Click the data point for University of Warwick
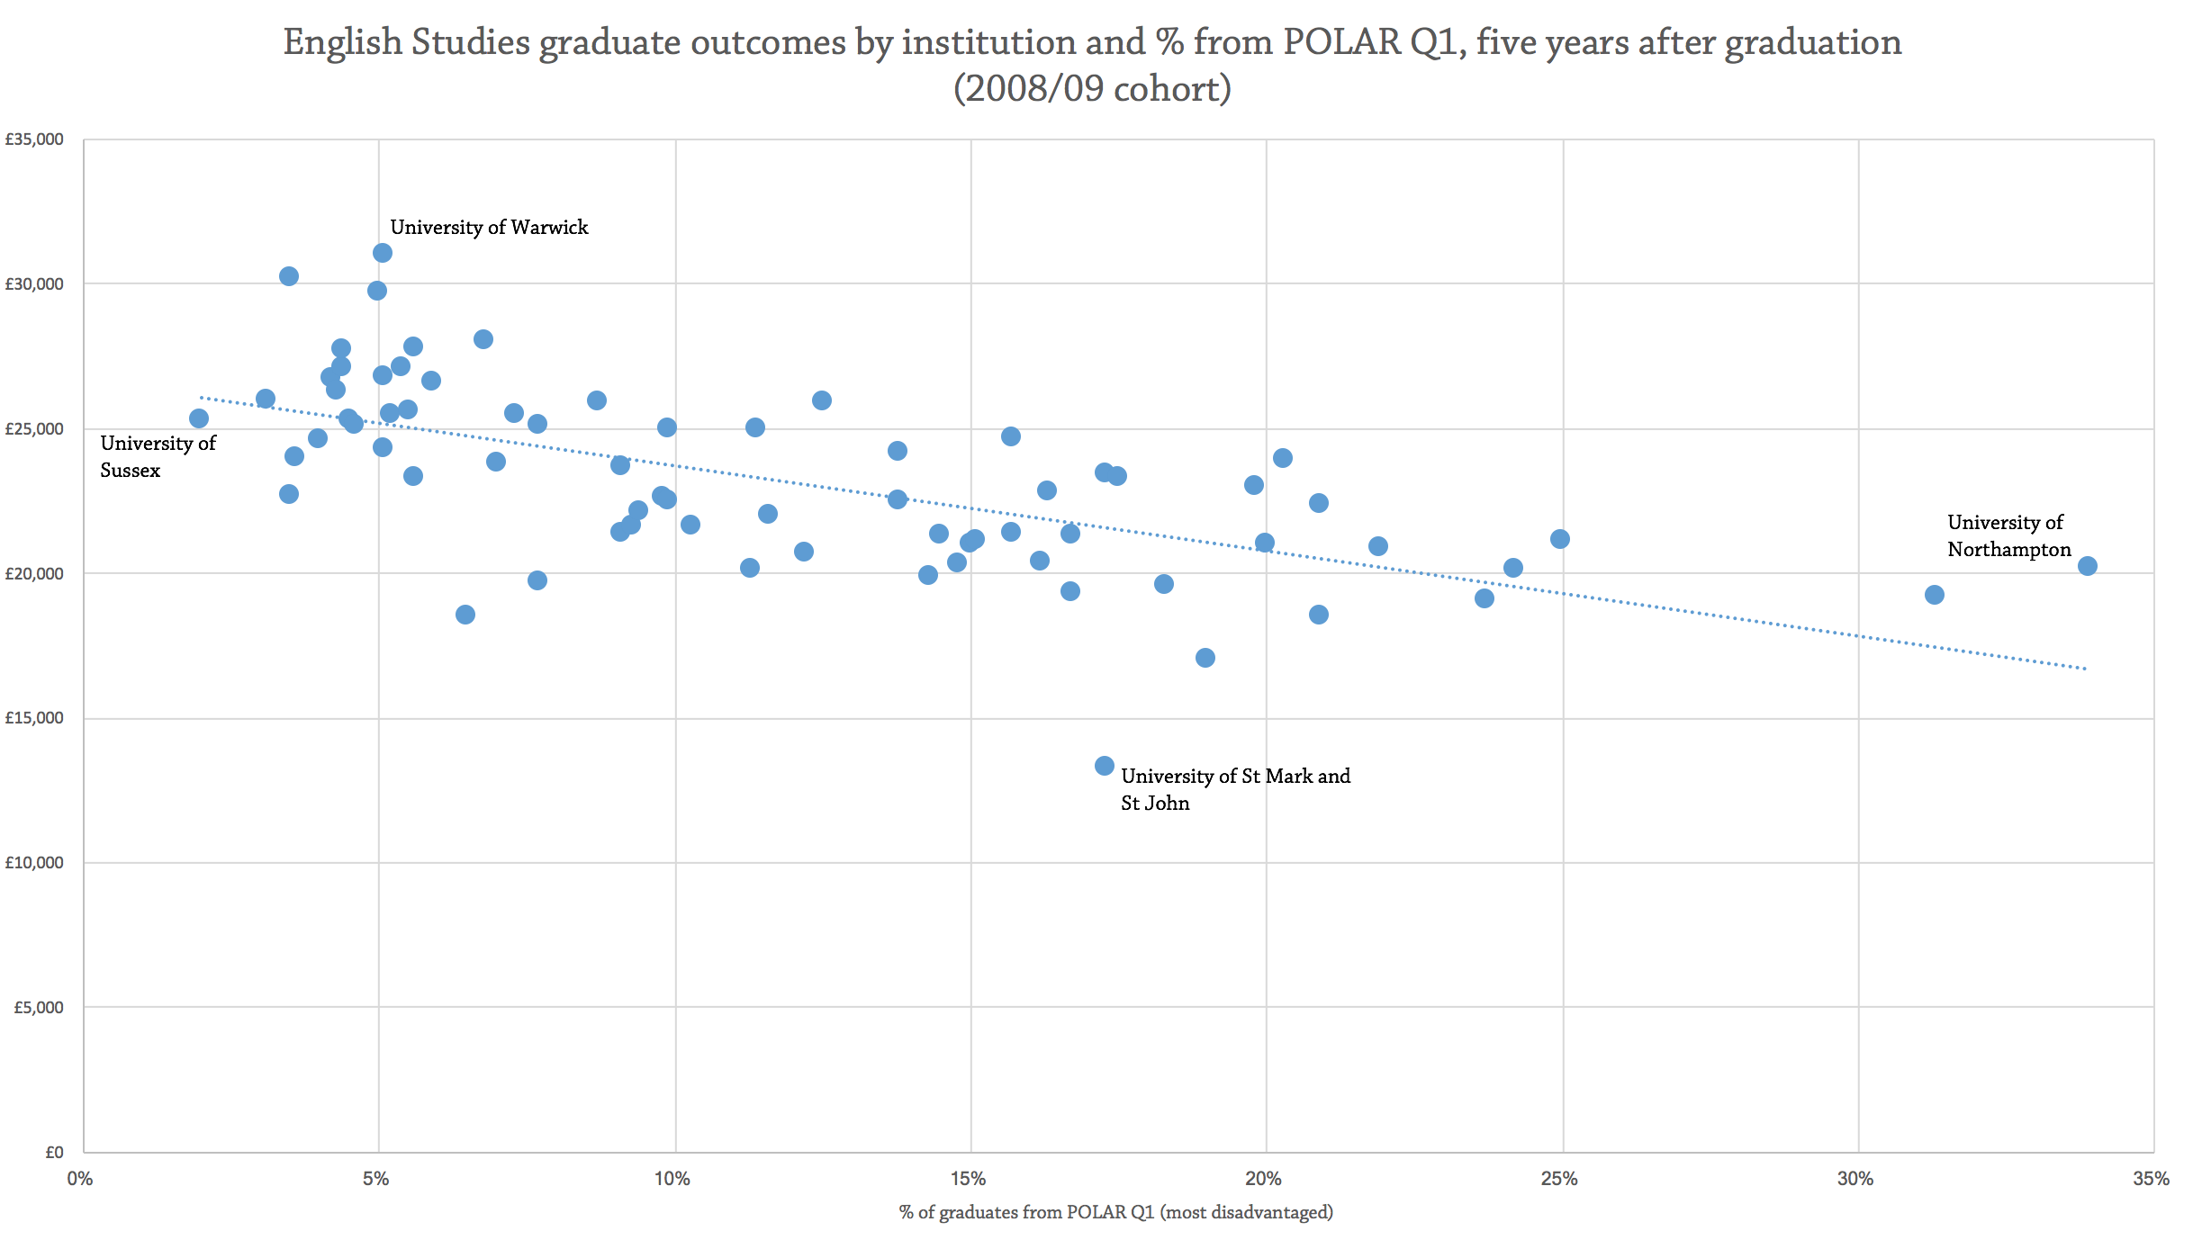383,253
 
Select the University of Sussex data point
199,418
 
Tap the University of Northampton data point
2088,566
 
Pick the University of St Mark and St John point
1105,766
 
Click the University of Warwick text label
489,228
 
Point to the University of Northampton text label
2008,536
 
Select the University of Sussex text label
158,456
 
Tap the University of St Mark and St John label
1235,789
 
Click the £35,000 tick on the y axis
34,139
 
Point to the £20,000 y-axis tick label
34,573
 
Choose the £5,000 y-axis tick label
38,1008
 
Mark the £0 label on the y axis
54,1153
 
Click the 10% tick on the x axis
672,1179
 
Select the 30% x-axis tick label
1855,1179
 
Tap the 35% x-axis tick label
2152,1179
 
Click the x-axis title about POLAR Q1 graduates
1115,1212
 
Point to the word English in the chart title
342,42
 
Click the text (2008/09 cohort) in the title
1092,89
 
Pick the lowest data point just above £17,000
1205,658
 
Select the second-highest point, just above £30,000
289,276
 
